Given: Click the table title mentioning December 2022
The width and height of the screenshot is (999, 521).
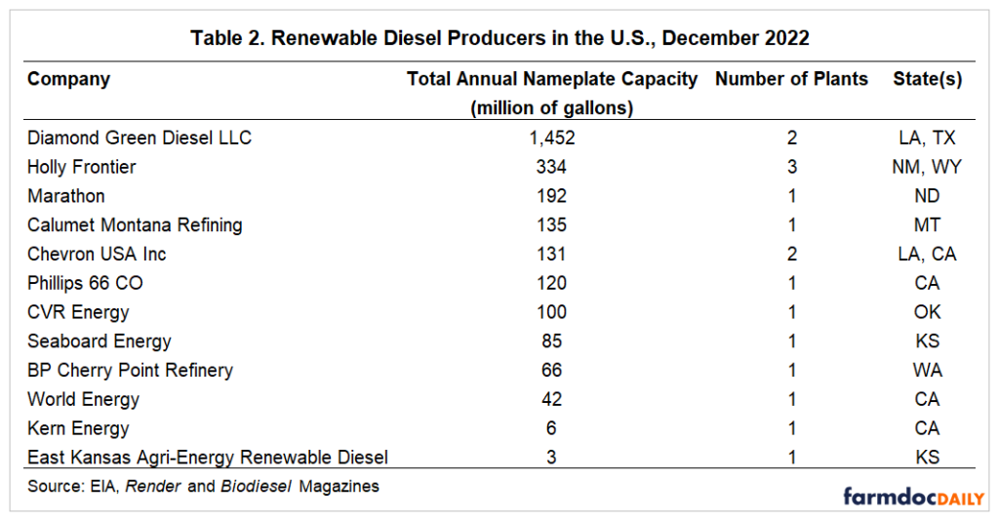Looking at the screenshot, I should [x=499, y=38].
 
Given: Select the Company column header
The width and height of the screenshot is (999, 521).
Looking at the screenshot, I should [x=68, y=79].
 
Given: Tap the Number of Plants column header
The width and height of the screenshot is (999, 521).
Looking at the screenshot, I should [x=791, y=79].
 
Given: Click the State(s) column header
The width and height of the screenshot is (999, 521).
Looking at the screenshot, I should [x=927, y=79].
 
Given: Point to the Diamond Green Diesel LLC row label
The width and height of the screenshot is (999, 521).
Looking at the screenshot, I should [x=140, y=138].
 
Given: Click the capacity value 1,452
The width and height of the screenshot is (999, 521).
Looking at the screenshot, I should [x=551, y=138].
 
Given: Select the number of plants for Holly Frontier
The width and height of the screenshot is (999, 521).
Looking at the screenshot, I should [x=791, y=167].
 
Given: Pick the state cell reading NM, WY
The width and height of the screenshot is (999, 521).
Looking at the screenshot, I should [x=927, y=167].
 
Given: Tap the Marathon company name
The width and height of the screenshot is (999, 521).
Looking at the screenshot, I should [x=66, y=196].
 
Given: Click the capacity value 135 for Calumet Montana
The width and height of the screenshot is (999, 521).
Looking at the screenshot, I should [x=551, y=225].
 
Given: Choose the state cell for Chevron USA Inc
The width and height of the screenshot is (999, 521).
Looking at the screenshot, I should [x=927, y=254].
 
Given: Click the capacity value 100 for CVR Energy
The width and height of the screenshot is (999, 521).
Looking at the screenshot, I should [x=551, y=312].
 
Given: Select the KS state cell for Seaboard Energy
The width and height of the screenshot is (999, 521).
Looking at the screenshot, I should [x=927, y=341].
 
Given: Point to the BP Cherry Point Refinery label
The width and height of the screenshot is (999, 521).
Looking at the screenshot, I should [x=130, y=370].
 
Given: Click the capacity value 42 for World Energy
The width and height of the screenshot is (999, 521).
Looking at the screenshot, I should [x=551, y=399].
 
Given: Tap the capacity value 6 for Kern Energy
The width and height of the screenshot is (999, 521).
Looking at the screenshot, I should [x=551, y=428].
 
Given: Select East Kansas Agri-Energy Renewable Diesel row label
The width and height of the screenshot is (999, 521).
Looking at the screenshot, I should [x=208, y=457].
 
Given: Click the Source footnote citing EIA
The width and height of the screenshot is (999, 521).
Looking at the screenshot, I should [x=203, y=485].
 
